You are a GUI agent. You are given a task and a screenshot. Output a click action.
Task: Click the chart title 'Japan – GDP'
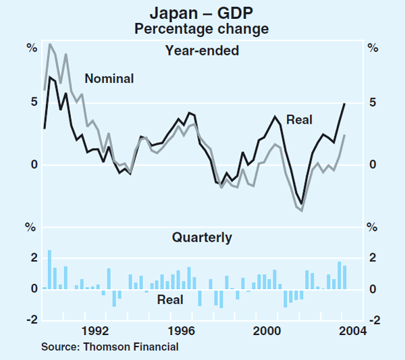pos(202,12)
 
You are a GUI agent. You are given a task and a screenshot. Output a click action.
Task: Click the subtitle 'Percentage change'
pos(202,28)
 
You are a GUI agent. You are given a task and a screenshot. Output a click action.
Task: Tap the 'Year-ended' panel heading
pos(202,50)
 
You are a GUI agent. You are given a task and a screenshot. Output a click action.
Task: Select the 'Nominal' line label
pos(109,78)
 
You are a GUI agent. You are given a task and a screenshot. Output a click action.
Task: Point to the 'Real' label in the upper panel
pos(299,120)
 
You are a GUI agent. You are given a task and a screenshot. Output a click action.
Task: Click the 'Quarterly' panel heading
pos(202,237)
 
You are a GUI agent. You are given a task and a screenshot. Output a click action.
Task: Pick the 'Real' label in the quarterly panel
pos(170,299)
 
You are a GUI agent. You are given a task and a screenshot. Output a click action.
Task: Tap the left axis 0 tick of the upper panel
pos(32,165)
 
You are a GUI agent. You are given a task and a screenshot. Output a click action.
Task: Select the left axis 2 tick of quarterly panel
pos(32,258)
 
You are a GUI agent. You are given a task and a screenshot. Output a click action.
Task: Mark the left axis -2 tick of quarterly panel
pos(30,320)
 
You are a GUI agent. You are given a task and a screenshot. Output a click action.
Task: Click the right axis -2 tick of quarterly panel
pos(373,320)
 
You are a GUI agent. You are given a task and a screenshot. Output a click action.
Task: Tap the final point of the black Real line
pos(344,103)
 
